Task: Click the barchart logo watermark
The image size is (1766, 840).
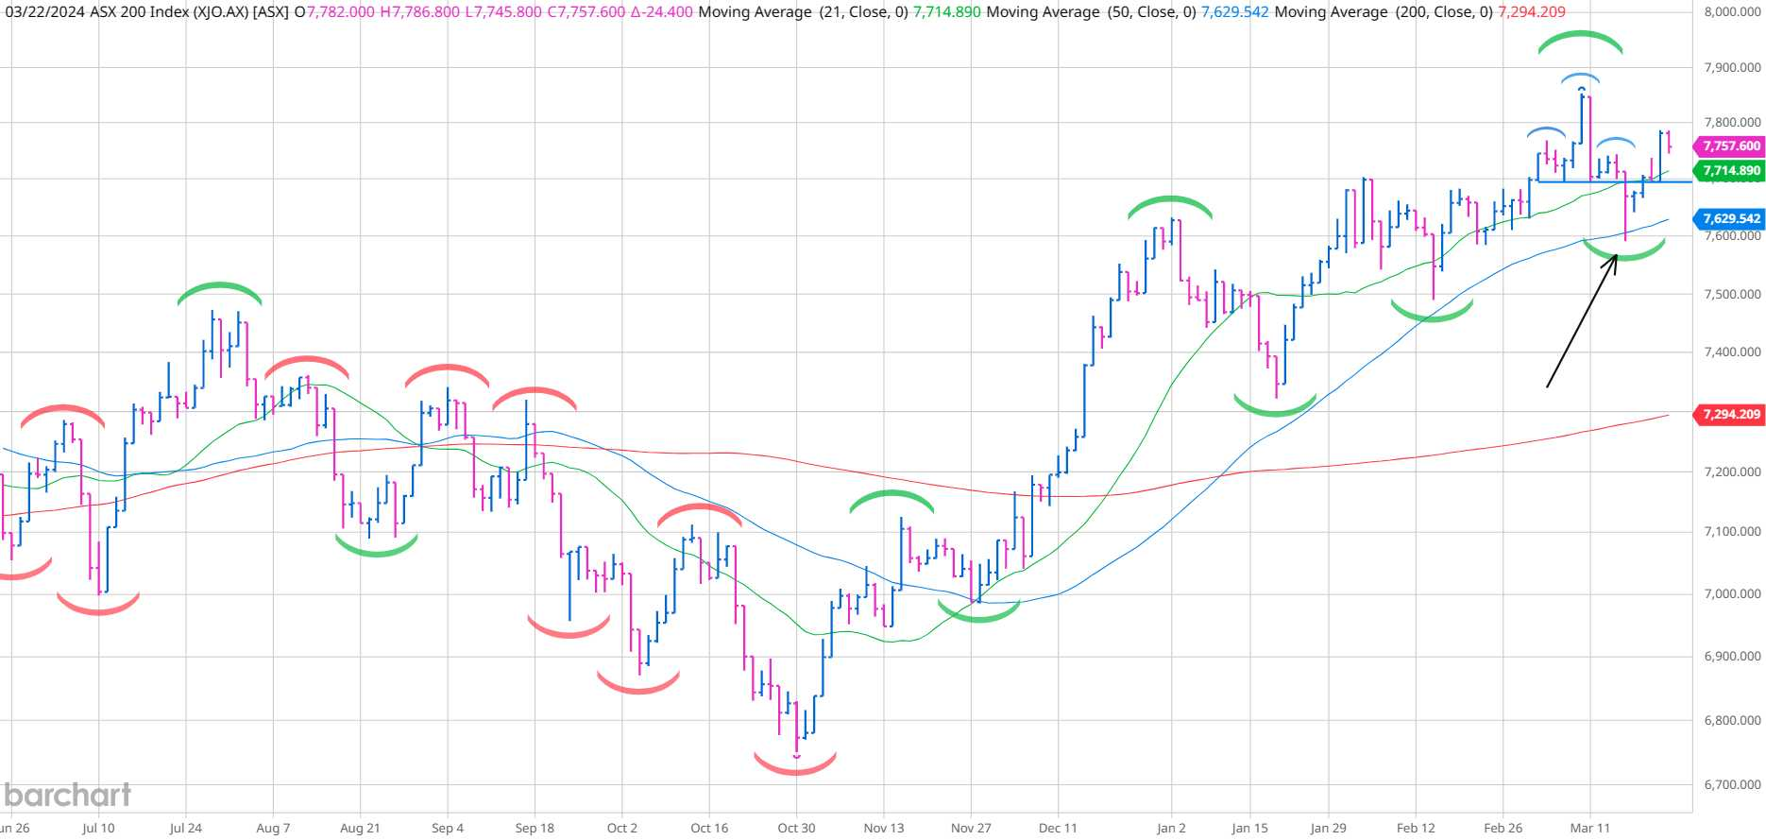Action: pos(67,795)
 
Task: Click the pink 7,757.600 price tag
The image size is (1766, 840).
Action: pos(1730,146)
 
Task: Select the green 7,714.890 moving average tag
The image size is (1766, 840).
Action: pos(1730,171)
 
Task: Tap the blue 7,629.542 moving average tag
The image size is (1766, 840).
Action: pos(1730,218)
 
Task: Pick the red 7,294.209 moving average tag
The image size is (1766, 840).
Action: pos(1730,415)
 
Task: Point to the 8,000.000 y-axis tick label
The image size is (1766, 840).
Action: pos(1732,12)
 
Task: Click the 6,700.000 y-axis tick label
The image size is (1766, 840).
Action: pos(1732,784)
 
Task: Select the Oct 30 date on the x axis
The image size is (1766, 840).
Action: pos(796,828)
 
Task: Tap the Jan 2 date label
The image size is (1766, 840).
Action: pos(1171,828)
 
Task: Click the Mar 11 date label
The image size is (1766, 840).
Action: pos(1589,828)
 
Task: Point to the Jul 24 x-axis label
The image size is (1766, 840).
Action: pos(185,828)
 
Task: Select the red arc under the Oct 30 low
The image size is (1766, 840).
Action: pos(795,767)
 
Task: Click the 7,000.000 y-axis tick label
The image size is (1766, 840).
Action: pos(1732,593)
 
